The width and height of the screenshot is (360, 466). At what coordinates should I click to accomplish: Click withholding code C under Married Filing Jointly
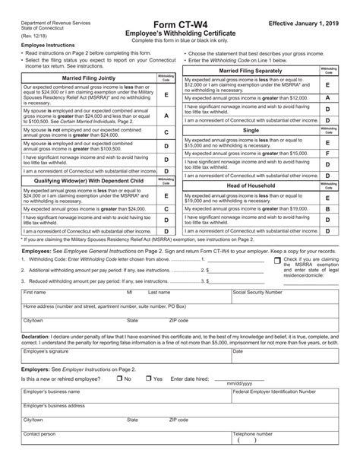[166, 153]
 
